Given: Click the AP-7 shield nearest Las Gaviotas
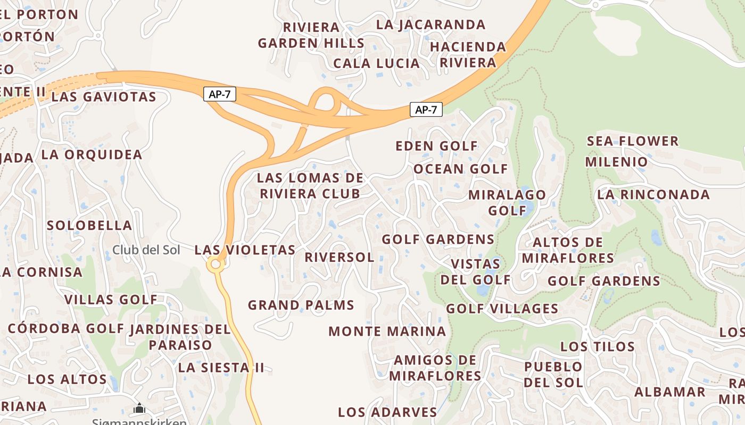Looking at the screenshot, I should [x=219, y=95].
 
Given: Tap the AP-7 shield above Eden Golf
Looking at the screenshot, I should [x=426, y=110].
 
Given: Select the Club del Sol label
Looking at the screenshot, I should [x=146, y=250].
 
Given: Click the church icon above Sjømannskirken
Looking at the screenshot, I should [x=139, y=408].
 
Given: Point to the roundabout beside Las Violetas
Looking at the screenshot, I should [x=216, y=264].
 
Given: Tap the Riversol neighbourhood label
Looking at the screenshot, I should [x=340, y=257].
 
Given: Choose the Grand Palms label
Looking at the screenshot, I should [x=301, y=305].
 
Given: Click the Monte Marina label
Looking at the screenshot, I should [x=387, y=331].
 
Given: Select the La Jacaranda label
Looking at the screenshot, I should [x=431, y=24].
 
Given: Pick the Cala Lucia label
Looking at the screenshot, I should [x=376, y=63].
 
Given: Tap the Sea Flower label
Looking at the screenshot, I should [x=633, y=141].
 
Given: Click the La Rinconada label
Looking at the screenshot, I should [x=653, y=194].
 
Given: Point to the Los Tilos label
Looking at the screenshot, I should [x=597, y=347].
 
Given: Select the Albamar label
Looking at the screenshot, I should [x=669, y=392].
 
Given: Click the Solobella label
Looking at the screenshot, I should [x=89, y=225].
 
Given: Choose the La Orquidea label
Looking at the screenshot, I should [x=92, y=155].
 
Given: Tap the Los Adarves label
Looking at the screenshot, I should [x=387, y=412].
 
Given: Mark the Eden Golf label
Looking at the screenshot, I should [x=436, y=146].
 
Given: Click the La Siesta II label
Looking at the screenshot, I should [x=221, y=368].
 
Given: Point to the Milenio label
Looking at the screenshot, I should [x=616, y=161].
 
